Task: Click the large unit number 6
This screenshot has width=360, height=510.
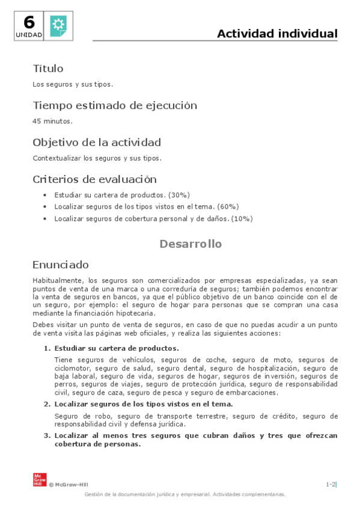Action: (x=29, y=22)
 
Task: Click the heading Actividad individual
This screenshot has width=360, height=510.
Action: (x=277, y=34)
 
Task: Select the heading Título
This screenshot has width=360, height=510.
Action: (x=48, y=69)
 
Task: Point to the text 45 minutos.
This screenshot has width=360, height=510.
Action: (x=52, y=121)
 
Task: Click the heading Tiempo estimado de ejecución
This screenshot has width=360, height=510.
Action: (x=115, y=105)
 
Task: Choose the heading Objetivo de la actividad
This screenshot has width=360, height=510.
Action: (x=97, y=143)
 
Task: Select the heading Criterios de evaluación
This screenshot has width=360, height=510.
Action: (x=94, y=179)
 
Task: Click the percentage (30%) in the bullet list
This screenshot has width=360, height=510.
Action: (x=179, y=195)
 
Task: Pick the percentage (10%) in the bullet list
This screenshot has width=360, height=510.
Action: (x=242, y=219)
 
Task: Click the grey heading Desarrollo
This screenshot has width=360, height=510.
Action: (x=191, y=244)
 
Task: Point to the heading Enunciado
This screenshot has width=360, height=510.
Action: (x=61, y=265)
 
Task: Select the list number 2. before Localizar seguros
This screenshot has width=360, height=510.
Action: (x=47, y=404)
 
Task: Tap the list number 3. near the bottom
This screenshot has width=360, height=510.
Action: (x=47, y=435)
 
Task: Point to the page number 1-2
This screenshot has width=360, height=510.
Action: (x=331, y=484)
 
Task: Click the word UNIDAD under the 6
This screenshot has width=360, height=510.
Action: (x=29, y=35)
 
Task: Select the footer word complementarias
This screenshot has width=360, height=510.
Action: (x=263, y=494)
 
